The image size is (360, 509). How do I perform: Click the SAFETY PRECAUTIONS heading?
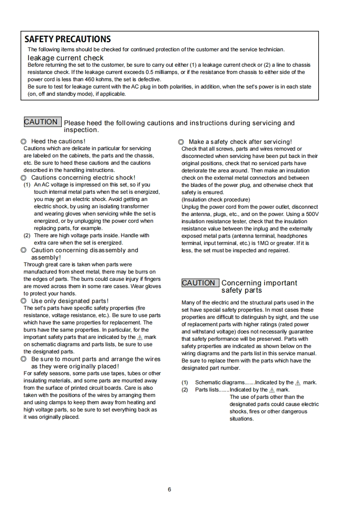(x=68, y=39)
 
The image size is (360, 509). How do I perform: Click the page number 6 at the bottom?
(x=169, y=489)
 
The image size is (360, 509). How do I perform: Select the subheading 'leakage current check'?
(x=65, y=58)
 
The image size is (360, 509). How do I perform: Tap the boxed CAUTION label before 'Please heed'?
(x=41, y=122)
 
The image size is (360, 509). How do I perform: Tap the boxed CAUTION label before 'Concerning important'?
(x=199, y=283)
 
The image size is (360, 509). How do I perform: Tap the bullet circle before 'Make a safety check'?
(x=181, y=142)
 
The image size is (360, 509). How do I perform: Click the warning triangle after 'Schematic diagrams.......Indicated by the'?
(x=298, y=382)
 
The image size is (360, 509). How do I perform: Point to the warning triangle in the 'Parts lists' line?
(x=271, y=390)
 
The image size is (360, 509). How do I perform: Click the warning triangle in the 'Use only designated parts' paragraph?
(x=140, y=338)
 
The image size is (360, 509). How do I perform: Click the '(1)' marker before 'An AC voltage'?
(x=27, y=185)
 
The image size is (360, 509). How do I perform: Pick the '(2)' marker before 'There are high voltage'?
(x=27, y=236)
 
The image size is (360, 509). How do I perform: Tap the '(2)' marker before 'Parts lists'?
(x=185, y=390)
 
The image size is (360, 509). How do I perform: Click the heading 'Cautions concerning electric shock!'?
(x=83, y=178)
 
